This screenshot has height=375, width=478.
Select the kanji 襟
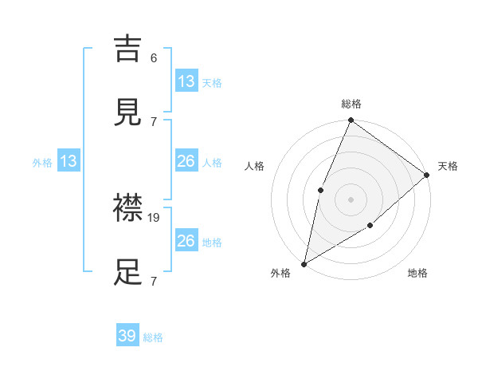coord(128,209)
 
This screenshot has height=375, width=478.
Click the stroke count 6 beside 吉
coord(154,58)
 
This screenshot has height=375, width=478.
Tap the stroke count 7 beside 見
coord(154,121)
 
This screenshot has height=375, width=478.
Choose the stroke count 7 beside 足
coord(154,281)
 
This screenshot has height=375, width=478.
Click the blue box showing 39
coord(127,336)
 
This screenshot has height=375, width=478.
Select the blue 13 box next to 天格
coord(186,81)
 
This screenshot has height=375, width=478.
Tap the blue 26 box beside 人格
coord(186,161)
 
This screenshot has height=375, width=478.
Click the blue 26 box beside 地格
coord(186,241)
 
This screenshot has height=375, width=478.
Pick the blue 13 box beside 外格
coord(69,161)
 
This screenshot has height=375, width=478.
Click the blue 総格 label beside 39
coord(153,337)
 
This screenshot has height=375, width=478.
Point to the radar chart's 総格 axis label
coord(351,104)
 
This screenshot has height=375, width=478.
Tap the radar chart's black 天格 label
coord(448,166)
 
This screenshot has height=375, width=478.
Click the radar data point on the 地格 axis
coord(370,226)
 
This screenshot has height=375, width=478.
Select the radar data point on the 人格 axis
coord(320,189)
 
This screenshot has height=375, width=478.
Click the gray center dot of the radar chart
coord(351,199)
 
